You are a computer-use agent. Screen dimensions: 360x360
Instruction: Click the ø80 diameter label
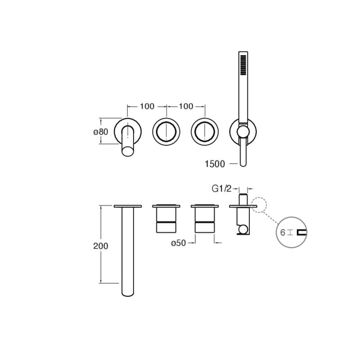101,132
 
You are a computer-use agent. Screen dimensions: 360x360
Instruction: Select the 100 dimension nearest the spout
147,106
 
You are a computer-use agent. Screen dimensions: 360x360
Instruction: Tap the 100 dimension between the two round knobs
186,106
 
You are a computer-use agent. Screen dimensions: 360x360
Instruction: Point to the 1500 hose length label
215,164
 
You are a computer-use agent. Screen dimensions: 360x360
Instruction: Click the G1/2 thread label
221,189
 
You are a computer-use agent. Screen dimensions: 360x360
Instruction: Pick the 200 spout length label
101,246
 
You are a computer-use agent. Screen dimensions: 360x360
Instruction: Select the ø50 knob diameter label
179,243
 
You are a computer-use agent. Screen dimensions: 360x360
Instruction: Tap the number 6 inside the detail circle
283,233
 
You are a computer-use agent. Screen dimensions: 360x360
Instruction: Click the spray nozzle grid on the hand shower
243,65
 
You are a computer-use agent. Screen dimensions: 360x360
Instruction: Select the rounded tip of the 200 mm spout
128,292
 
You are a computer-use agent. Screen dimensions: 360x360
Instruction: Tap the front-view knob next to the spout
166,131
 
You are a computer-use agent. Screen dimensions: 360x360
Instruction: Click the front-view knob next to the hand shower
205,131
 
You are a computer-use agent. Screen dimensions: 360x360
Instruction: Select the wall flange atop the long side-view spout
128,206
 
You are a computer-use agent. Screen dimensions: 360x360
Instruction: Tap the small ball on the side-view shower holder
243,231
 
